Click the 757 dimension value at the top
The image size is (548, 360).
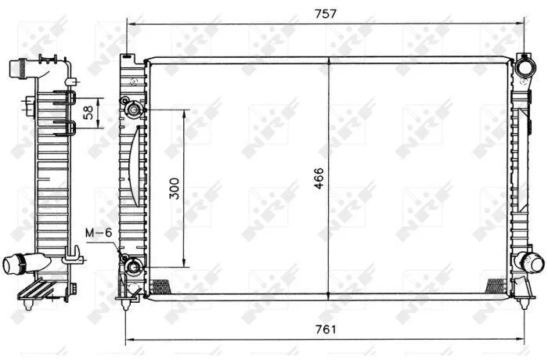(325, 13)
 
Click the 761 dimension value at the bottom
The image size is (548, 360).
(326, 329)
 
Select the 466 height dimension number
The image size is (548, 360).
(319, 178)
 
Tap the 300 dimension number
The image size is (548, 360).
(174, 189)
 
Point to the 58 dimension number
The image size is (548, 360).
(88, 113)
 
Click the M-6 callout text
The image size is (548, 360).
(99, 232)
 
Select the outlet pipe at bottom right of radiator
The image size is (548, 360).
(532, 262)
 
